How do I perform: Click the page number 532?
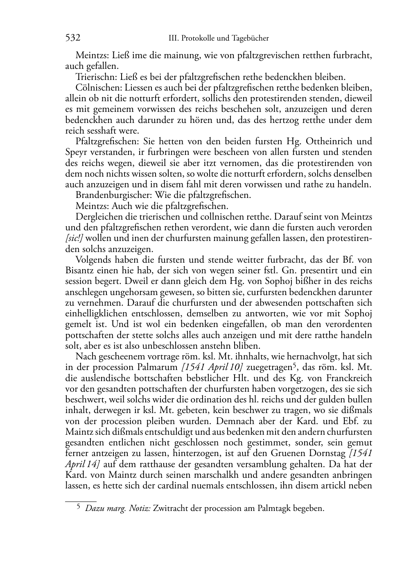72,38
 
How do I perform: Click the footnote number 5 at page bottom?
78,507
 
